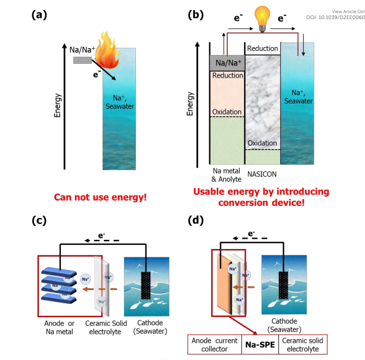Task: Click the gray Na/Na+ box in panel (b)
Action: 227,62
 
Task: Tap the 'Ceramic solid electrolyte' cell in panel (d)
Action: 307,344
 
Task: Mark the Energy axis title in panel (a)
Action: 58,104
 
